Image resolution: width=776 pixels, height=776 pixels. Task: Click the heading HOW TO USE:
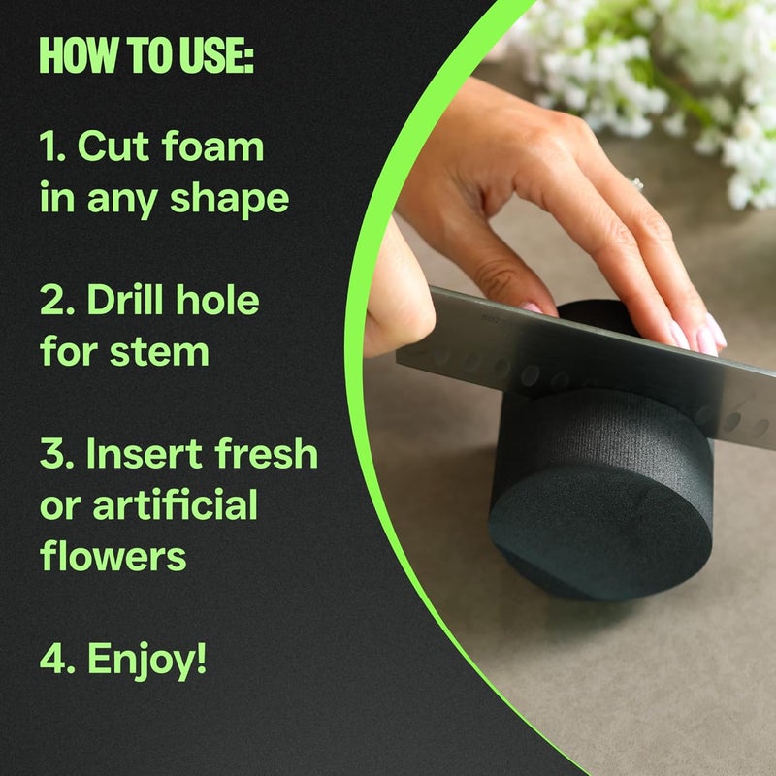coord(146,57)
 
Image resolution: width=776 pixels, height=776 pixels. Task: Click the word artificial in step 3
coord(175,505)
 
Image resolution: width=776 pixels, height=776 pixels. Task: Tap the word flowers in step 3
coord(113,556)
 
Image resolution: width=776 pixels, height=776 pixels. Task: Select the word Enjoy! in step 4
coord(147,660)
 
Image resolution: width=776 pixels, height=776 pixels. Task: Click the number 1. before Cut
coord(52,148)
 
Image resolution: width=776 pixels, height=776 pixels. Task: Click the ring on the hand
coord(637,182)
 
